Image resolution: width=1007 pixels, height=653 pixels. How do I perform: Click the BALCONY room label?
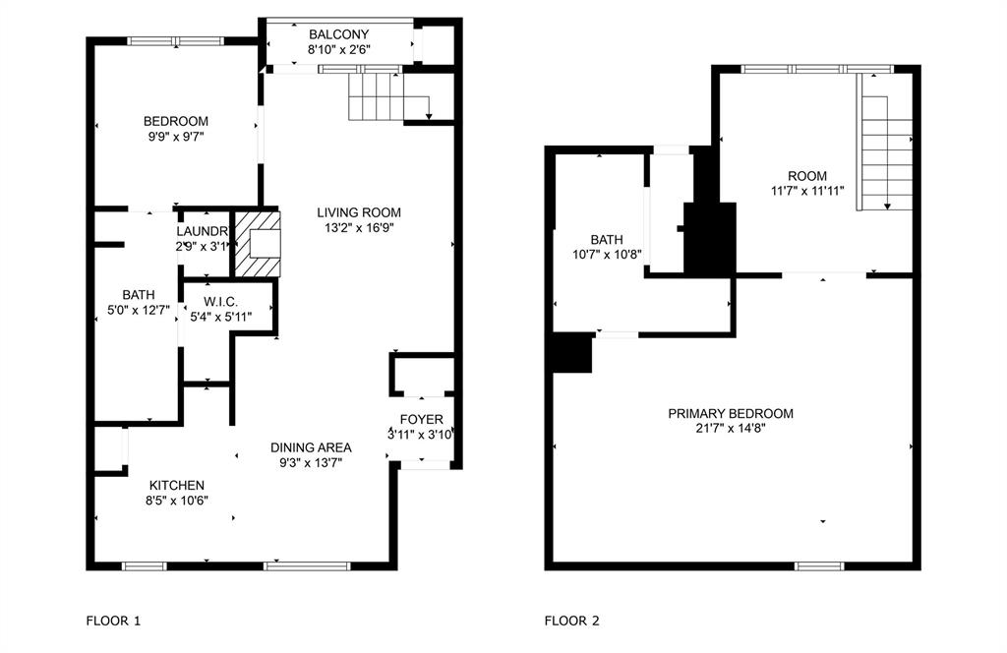pyautogui.click(x=338, y=34)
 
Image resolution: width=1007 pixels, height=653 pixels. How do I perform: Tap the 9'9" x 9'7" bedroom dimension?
pyautogui.click(x=175, y=138)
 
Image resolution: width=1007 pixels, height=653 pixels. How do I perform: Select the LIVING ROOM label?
pyautogui.click(x=359, y=212)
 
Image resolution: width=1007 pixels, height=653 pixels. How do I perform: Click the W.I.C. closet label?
pyautogui.click(x=221, y=301)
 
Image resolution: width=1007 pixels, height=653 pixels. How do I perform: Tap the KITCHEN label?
pyautogui.click(x=177, y=485)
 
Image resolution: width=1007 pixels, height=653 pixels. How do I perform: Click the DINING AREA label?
pyautogui.click(x=311, y=447)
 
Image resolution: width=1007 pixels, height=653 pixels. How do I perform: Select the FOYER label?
pyautogui.click(x=421, y=420)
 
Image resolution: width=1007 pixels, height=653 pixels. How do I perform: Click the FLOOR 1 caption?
pyautogui.click(x=114, y=621)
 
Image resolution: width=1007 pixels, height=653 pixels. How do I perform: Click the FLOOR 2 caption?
pyautogui.click(x=572, y=621)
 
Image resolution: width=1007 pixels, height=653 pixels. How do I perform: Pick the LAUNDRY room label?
pyautogui.click(x=203, y=231)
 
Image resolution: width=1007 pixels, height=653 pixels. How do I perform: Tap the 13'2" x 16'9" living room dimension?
pyautogui.click(x=359, y=227)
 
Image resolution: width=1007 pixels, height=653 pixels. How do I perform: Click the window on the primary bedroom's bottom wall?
pyautogui.click(x=818, y=565)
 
